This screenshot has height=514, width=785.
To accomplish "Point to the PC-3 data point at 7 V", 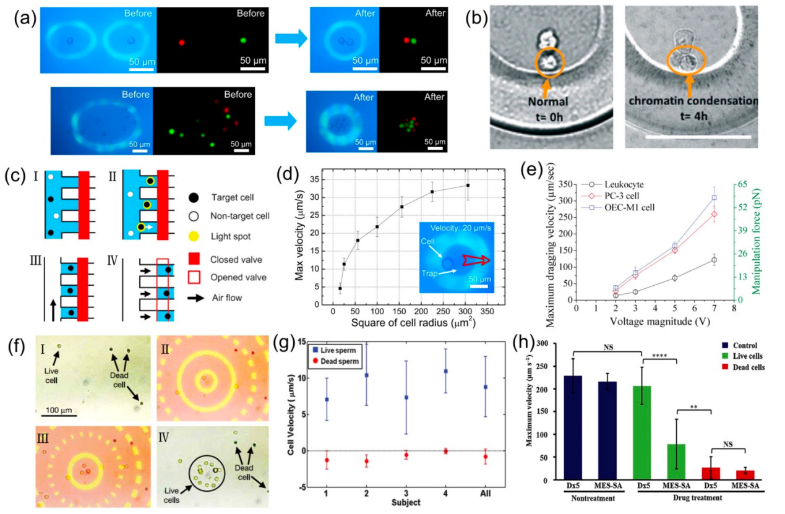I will click(714, 214).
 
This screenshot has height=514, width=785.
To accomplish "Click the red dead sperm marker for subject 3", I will click(406, 455).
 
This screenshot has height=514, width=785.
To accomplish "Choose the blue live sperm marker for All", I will click(486, 387).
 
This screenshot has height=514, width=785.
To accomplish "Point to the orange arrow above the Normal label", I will click(545, 89).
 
